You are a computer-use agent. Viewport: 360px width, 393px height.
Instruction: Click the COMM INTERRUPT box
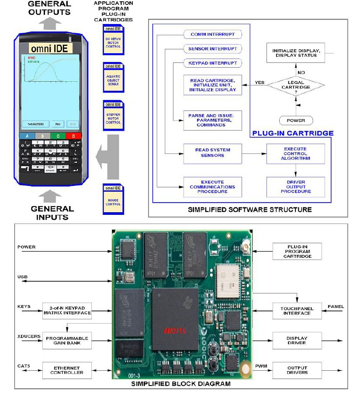click(x=212, y=34)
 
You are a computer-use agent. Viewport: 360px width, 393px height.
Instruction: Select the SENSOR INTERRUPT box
click(x=212, y=48)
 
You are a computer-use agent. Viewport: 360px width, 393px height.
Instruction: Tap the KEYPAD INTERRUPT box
click(x=212, y=63)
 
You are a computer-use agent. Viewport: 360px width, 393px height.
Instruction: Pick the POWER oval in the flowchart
click(x=296, y=120)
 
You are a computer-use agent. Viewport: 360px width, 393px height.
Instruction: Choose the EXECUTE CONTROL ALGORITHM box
click(x=295, y=154)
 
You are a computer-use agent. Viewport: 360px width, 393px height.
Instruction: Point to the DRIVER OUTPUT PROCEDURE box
click(x=295, y=187)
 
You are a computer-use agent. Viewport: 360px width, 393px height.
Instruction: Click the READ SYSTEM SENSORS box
click(x=212, y=152)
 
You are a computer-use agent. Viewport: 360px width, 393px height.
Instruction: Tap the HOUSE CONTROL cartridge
click(x=113, y=199)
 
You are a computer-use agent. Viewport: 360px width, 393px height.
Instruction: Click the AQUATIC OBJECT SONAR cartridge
click(x=113, y=77)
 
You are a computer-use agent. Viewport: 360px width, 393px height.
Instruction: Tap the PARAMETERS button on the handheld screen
click(x=36, y=124)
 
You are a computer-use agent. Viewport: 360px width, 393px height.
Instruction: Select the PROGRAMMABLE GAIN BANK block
click(x=67, y=341)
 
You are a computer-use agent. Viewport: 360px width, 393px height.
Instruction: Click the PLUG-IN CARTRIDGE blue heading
click(x=292, y=133)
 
